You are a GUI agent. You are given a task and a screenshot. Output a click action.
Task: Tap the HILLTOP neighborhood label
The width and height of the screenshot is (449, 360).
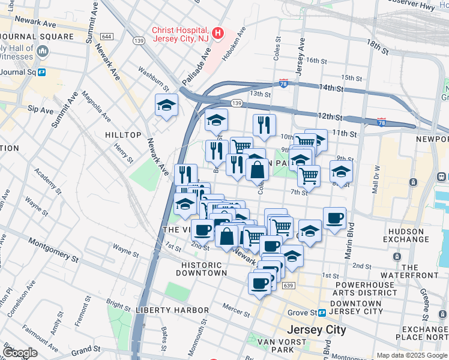[123, 136]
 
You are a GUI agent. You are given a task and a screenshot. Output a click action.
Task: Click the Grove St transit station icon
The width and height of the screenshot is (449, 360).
[322, 313]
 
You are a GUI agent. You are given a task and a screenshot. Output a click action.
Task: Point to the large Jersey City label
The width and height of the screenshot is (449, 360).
[316, 330]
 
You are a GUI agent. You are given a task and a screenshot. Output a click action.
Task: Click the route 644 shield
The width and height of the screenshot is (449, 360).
[107, 37]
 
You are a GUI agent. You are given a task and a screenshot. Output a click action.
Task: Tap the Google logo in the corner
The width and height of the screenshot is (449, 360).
[20, 353]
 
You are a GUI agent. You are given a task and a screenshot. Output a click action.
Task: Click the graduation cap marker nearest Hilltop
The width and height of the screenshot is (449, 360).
[166, 106]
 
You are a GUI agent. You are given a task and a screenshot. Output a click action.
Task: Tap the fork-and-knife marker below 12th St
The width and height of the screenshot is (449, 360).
[264, 125]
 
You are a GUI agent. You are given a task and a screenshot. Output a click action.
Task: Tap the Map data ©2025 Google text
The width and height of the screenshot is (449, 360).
[411, 355]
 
